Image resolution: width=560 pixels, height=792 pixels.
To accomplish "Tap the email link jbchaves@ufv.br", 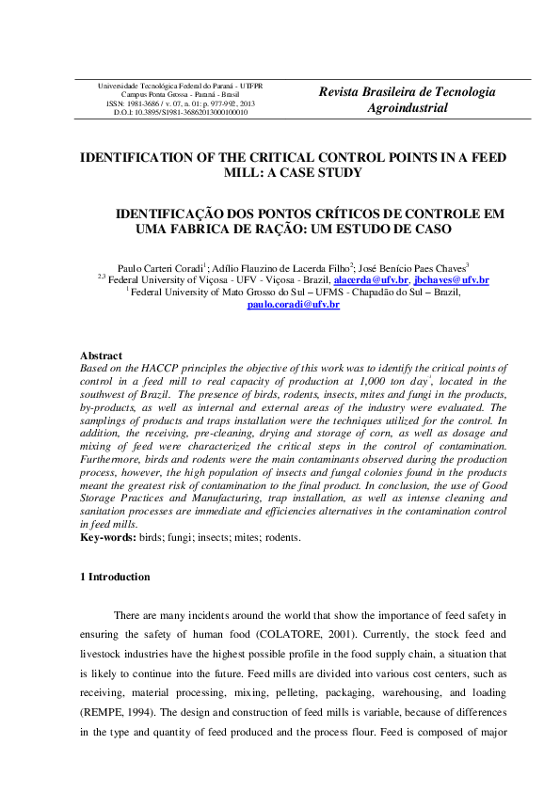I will pos(451,280).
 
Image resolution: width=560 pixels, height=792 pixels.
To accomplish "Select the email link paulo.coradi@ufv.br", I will pos(293,306).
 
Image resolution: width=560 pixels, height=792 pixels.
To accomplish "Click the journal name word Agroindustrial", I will pos(407,108).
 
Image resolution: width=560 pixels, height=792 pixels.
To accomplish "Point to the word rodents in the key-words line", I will pos(280,537).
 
